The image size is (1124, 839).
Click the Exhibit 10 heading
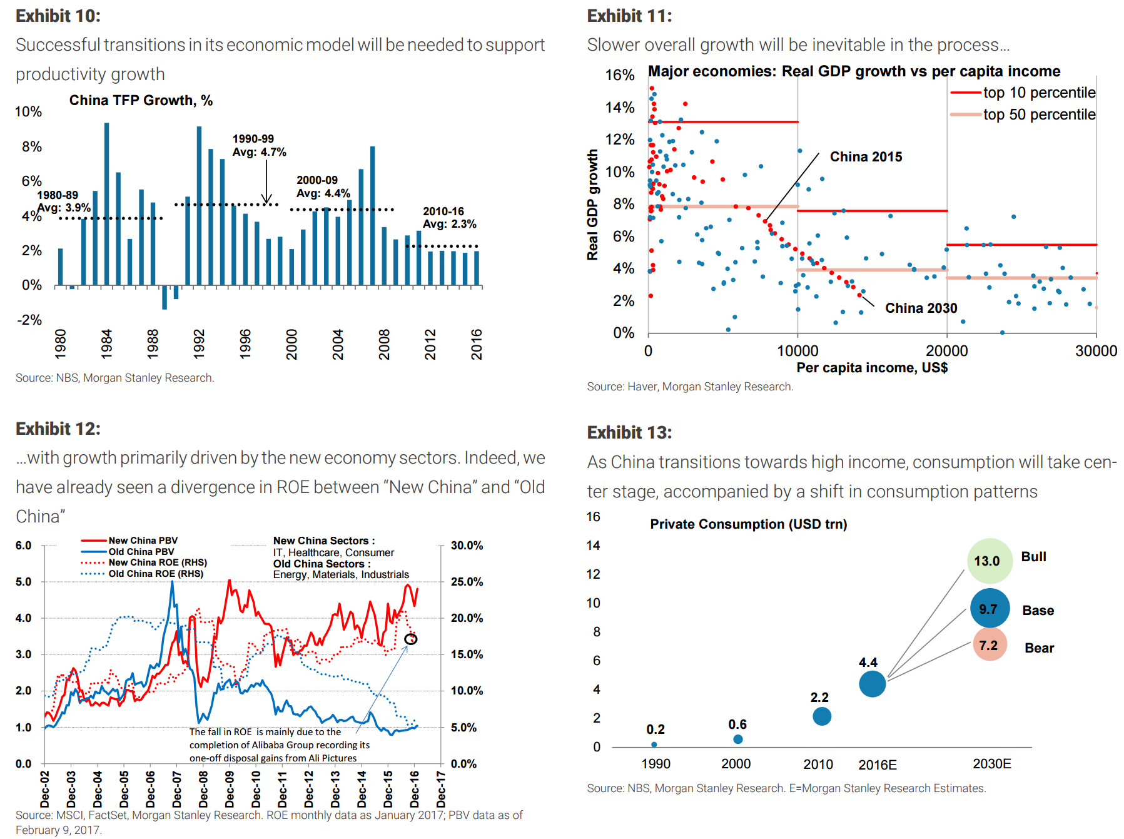tap(58, 16)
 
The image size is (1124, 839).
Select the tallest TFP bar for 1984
tap(106, 203)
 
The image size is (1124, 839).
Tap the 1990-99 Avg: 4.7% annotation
tap(259, 145)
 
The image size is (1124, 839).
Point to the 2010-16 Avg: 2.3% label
tap(449, 218)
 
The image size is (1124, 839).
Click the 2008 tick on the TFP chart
tap(384, 344)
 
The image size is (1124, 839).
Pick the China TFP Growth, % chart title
tap(141, 101)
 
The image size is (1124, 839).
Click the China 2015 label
tap(866, 157)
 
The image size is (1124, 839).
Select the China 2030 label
tap(921, 308)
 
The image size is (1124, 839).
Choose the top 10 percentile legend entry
tap(1023, 93)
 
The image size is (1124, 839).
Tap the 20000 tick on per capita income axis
tap(946, 351)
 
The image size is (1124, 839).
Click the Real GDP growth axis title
tap(592, 205)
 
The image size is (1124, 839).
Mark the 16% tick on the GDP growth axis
tap(619, 75)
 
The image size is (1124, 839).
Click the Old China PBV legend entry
tap(141, 552)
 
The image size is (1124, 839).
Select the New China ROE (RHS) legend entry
tap(156, 562)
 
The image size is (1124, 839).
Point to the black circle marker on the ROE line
tap(410, 639)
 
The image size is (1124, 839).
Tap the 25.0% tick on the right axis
tap(467, 582)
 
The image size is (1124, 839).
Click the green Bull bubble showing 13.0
tap(990, 561)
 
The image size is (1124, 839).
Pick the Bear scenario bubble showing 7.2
tap(990, 645)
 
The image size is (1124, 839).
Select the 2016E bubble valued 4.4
tap(872, 683)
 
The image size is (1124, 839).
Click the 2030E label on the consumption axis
tap(991, 764)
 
